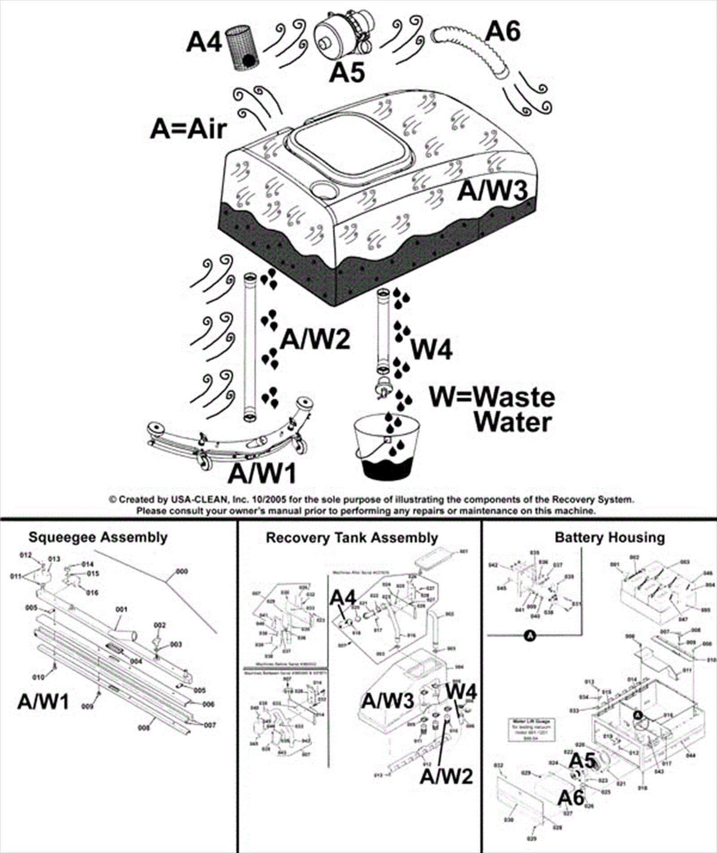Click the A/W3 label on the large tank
pos(492,191)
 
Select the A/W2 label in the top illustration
pos(315,340)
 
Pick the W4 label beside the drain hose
pos(432,349)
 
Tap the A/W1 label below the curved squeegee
pos(262,474)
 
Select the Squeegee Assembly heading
pos(98,537)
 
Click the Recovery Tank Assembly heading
pos(352,538)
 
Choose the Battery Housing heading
pos(609,537)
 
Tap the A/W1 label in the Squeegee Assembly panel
pos(43,701)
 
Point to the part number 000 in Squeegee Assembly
pos(181,571)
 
